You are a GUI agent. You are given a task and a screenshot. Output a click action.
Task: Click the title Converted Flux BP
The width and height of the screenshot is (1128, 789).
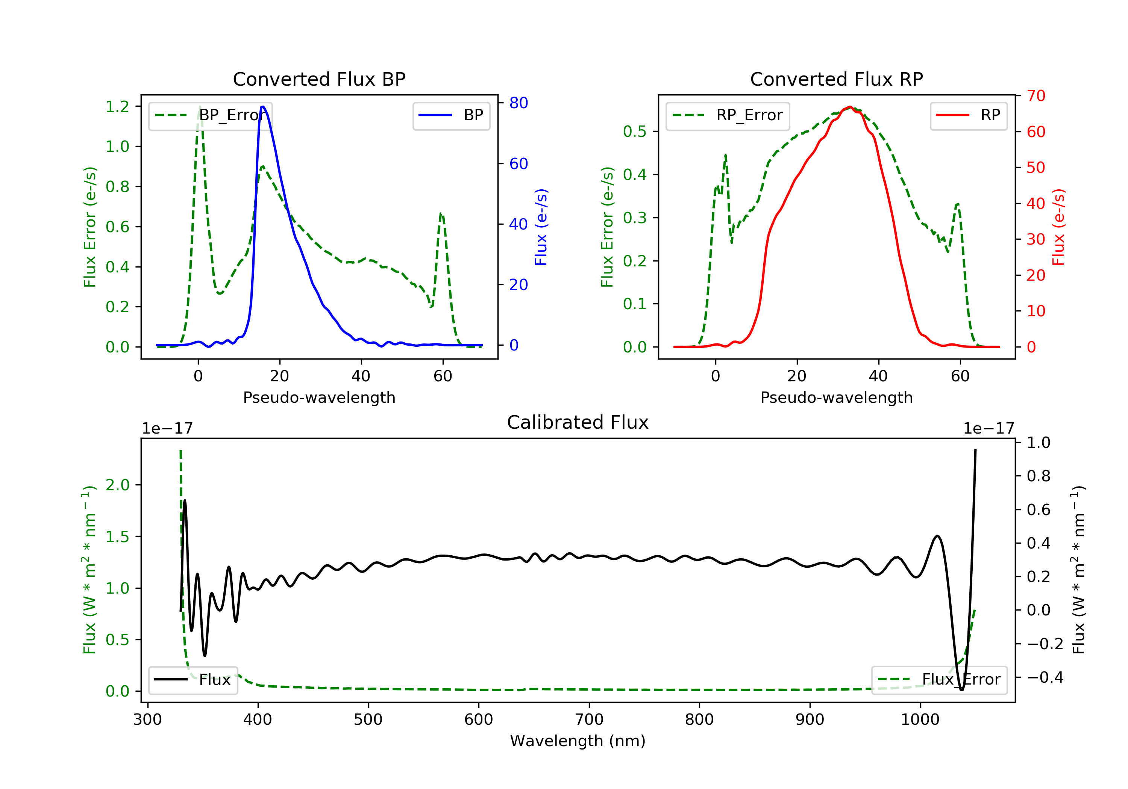click(319, 79)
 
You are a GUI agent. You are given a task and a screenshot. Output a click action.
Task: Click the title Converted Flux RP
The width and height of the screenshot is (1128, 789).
click(836, 79)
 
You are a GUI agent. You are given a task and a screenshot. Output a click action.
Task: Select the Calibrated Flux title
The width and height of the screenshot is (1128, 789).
click(578, 422)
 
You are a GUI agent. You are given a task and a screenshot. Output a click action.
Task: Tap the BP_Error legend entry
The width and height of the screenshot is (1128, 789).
click(210, 115)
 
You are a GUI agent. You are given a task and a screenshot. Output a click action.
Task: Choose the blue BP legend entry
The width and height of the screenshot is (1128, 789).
click(451, 115)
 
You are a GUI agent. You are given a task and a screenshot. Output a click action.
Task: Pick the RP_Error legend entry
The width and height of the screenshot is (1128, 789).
click(728, 115)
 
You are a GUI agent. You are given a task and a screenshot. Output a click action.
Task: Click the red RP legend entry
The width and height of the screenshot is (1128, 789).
click(968, 115)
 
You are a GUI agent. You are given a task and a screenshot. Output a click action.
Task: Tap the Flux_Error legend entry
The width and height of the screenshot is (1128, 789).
click(939, 680)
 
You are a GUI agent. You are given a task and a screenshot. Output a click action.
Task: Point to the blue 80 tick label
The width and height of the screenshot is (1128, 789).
click(518, 103)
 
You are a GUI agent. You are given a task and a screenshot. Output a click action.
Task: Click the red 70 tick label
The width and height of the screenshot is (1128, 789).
click(1036, 96)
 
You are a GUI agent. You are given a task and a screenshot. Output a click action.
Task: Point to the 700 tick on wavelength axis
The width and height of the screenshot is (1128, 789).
click(589, 720)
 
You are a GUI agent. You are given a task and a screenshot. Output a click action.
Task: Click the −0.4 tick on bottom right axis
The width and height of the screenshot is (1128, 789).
click(1045, 677)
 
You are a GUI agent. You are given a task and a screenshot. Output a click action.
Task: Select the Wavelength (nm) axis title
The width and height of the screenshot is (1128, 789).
click(578, 741)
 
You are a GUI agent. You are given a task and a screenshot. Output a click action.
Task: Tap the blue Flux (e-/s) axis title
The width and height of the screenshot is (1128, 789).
click(541, 227)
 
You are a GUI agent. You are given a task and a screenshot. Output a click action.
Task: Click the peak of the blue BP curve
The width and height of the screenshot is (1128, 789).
click(263, 107)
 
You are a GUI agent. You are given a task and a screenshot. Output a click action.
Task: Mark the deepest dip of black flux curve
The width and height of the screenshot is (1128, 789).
click(961, 690)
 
